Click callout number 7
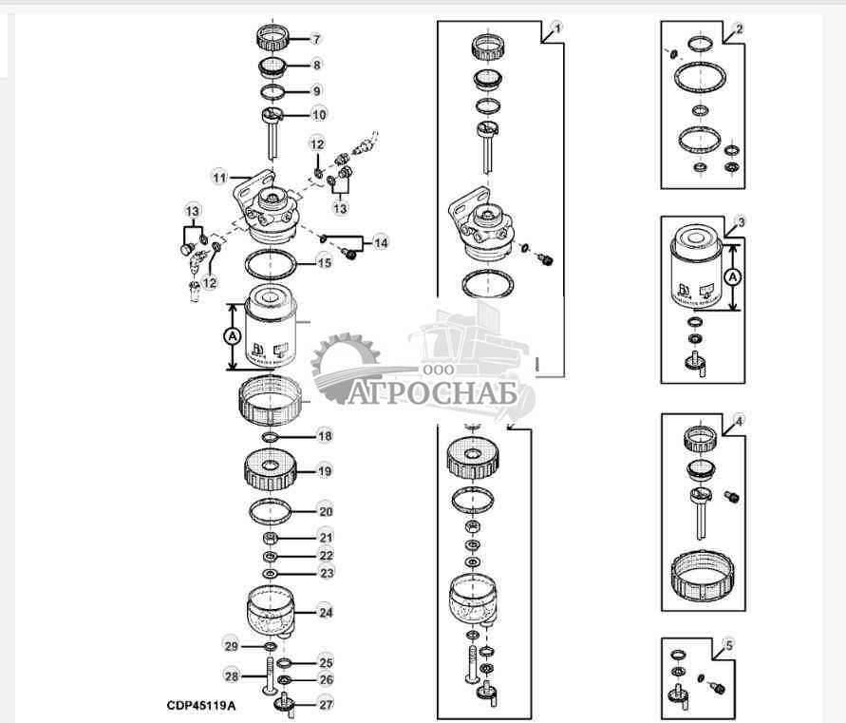317,39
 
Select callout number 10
319,114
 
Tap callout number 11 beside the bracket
219,177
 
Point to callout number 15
324,261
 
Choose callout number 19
325,470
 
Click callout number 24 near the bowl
326,613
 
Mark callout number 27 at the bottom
326,704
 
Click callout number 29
229,646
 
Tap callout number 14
380,243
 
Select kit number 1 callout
557,29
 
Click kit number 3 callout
740,221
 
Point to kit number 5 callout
728,645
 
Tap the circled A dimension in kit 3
731,277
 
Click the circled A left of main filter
232,335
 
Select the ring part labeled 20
272,512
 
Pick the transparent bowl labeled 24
273,609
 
